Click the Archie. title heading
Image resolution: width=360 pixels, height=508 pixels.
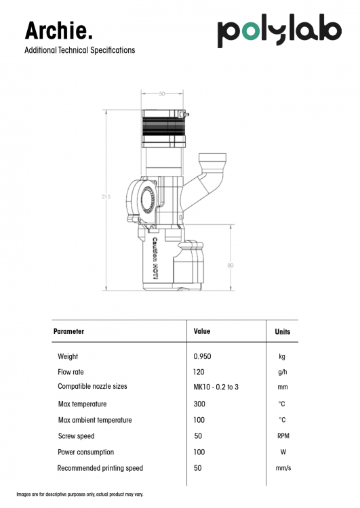(59, 30)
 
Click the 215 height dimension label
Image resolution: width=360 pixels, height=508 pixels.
(106, 196)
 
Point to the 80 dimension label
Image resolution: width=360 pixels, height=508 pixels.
(231, 265)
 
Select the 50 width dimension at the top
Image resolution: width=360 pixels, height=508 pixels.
(162, 93)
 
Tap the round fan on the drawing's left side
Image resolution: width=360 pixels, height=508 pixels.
(148, 198)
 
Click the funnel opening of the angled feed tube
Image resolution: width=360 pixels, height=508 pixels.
(212, 159)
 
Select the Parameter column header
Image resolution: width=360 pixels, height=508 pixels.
(68, 331)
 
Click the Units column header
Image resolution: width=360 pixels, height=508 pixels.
(283, 331)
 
